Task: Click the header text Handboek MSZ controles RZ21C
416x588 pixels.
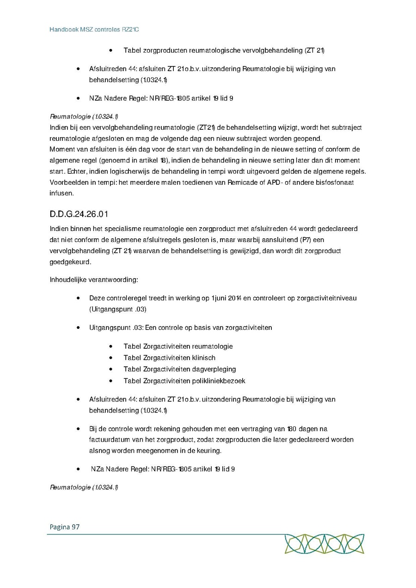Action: coord(94,30)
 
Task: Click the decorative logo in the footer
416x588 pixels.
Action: coord(324,544)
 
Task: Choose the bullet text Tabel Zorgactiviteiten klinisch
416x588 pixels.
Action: coord(169,358)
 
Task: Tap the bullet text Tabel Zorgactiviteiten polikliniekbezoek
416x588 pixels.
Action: coord(184,381)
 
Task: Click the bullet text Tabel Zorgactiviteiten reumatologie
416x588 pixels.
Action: coord(178,346)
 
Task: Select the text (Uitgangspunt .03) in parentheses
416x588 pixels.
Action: coord(118,309)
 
